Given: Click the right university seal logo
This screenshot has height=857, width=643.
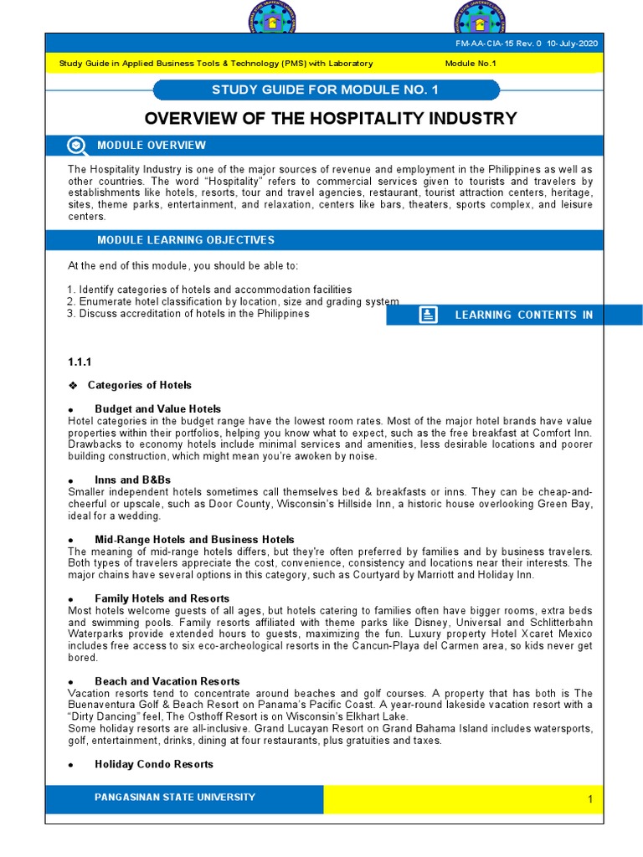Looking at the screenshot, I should point(481,18).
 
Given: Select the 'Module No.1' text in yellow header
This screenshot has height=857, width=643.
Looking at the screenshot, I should point(471,64).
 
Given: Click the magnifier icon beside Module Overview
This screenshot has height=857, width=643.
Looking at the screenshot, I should point(76,146).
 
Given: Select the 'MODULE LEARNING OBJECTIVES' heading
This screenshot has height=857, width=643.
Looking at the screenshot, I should point(186,240).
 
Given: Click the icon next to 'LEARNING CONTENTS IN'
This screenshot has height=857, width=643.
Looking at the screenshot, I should point(428,315).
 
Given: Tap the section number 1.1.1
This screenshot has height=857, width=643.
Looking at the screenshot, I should point(79,362).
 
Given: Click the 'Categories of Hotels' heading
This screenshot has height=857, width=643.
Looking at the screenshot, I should point(139,385).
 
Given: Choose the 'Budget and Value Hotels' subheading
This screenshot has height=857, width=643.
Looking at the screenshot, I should point(157,408).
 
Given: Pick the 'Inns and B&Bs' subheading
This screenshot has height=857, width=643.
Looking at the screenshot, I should point(132,480).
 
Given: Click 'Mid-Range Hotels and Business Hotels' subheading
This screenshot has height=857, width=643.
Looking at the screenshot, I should point(194,540).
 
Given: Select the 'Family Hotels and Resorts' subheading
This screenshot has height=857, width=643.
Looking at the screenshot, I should point(162,599).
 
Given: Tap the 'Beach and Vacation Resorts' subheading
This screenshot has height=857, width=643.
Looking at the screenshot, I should point(167,681).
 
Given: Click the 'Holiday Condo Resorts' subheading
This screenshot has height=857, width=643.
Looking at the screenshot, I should point(153,764).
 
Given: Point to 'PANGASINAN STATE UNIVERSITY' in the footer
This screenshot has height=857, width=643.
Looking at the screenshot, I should point(175,797).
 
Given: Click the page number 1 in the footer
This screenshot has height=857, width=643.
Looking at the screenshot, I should point(589,799).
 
